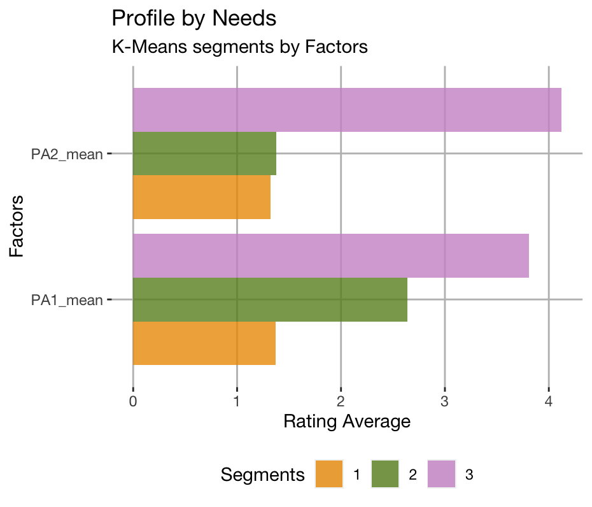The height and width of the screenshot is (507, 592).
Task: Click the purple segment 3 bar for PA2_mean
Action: tap(347, 110)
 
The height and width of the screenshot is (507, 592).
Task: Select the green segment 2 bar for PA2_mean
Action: tap(204, 154)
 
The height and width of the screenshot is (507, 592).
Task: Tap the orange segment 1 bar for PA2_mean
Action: tap(201, 197)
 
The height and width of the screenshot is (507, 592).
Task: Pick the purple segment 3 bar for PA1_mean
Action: tap(330, 255)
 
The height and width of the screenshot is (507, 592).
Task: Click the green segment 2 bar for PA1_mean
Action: tap(270, 299)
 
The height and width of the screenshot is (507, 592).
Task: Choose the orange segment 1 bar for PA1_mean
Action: tap(204, 343)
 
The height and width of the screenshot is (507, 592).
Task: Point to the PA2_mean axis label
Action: tap(67, 154)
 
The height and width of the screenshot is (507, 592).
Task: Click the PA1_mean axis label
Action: tap(67, 300)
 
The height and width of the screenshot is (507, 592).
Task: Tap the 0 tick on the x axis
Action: tap(133, 402)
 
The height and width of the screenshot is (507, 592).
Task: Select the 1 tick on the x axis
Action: tap(237, 402)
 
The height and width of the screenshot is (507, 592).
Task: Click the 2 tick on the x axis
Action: tap(341, 402)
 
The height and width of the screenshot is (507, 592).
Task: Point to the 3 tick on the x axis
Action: tap(444, 402)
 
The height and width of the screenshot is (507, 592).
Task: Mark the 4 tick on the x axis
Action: tap(548, 402)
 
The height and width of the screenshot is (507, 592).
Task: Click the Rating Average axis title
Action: tap(346, 422)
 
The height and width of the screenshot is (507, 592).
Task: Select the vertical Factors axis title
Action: tap(17, 226)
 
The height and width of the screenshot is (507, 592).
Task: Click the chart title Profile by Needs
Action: tap(194, 18)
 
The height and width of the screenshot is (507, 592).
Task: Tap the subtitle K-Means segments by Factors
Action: tap(239, 47)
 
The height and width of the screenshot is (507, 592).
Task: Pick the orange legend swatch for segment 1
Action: tap(329, 474)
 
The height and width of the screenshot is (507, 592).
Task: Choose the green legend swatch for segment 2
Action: tap(385, 474)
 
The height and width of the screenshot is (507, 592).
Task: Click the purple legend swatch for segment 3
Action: tap(441, 474)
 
